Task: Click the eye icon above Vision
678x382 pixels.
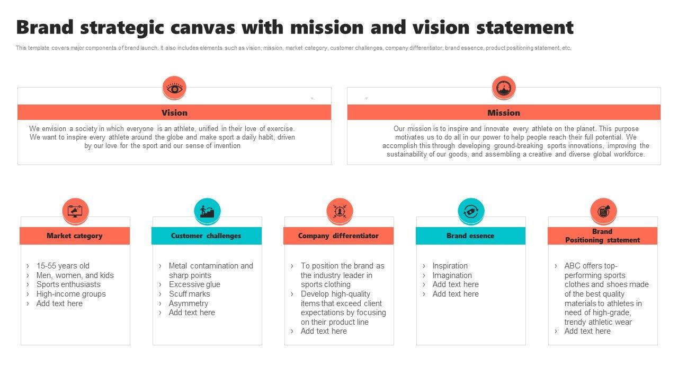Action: click(x=174, y=88)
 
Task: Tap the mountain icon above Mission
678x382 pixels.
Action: click(x=503, y=88)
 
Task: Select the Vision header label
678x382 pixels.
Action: click(x=174, y=112)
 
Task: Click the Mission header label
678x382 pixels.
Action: click(x=503, y=112)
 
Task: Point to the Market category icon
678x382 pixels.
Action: click(x=75, y=211)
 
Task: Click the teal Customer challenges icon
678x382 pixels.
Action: click(x=207, y=211)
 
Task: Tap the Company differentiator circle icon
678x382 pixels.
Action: click(x=339, y=211)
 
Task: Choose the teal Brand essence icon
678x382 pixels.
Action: click(x=471, y=211)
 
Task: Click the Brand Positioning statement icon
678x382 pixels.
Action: click(x=603, y=211)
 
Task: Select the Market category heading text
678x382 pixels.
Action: click(x=75, y=236)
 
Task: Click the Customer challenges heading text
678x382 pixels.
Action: click(x=206, y=236)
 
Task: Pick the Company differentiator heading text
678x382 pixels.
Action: click(x=338, y=236)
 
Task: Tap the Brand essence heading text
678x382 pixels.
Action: click(x=470, y=236)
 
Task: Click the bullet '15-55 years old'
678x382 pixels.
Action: click(x=63, y=266)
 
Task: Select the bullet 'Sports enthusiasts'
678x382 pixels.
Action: click(x=68, y=284)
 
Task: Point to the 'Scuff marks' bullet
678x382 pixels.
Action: click(x=190, y=294)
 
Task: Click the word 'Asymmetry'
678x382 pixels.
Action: click(x=189, y=303)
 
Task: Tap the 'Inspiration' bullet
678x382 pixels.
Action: click(x=450, y=266)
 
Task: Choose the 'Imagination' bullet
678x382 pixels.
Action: click(x=452, y=275)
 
